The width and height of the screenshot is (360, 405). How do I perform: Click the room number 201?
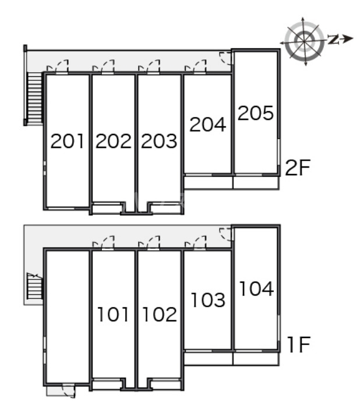pyautogui.click(x=68, y=141)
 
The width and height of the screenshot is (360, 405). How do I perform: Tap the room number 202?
pyautogui.click(x=114, y=141)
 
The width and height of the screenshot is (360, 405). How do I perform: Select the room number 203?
pyautogui.click(x=159, y=141)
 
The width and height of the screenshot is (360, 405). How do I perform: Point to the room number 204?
pyautogui.click(x=208, y=125)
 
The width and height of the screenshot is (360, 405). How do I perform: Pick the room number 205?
pyautogui.click(x=256, y=113)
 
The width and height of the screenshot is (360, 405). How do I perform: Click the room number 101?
pyautogui.click(x=113, y=314)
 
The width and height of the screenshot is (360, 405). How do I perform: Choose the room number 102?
pyautogui.click(x=160, y=314)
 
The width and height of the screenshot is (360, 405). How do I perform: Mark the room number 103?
pyautogui.click(x=208, y=300)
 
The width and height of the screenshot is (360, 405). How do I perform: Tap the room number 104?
pyautogui.click(x=256, y=288)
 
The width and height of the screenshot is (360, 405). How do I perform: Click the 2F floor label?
pyautogui.click(x=298, y=168)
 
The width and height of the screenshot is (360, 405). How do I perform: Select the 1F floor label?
pyautogui.click(x=299, y=344)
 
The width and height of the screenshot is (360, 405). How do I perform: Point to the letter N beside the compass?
pyautogui.click(x=334, y=39)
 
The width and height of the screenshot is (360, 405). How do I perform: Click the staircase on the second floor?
pyautogui.click(x=34, y=98)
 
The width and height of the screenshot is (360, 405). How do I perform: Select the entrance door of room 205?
pyautogui.click(x=226, y=58)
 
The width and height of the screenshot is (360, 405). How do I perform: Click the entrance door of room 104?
pyautogui.click(x=226, y=235)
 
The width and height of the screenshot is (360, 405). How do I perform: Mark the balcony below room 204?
pyautogui.click(x=209, y=183)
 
